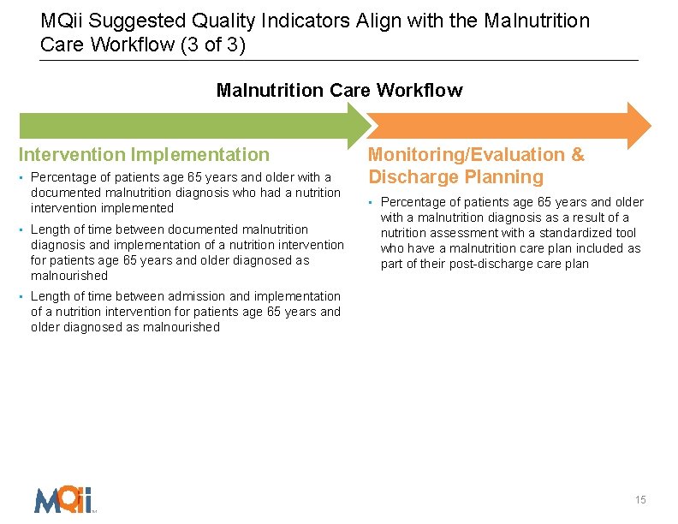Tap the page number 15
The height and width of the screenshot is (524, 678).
(640, 500)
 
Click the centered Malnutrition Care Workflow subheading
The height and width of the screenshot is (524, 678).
(339, 90)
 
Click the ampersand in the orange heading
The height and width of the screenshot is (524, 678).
(578, 155)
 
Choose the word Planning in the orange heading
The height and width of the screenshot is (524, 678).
(505, 177)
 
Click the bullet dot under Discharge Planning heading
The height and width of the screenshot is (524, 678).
(372, 203)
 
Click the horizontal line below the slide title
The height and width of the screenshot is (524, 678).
(339, 61)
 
